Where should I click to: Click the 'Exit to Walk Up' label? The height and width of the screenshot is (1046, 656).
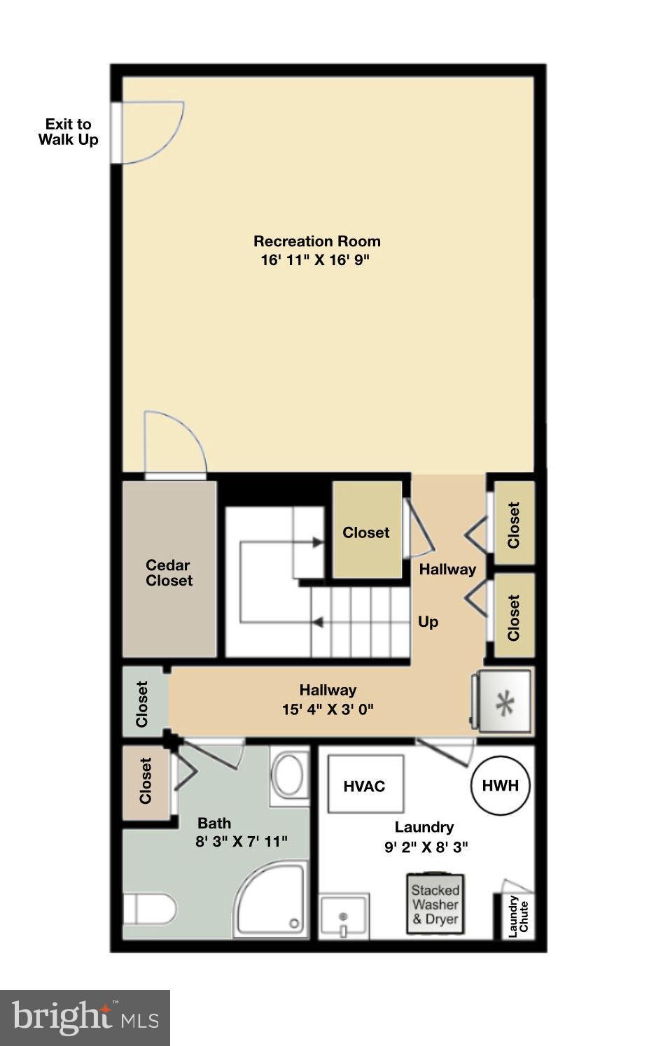click(x=68, y=132)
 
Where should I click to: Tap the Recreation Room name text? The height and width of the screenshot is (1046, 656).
click(x=316, y=241)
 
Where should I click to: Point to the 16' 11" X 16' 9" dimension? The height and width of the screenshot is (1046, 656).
click(x=314, y=260)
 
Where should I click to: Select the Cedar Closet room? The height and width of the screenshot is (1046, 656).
click(x=169, y=572)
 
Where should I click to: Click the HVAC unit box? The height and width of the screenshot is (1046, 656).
click(x=365, y=785)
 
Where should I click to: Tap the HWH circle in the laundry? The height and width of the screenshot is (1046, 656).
click(x=500, y=785)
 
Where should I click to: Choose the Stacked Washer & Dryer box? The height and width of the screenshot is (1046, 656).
click(x=435, y=904)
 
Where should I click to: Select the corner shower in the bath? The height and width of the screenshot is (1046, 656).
click(x=271, y=901)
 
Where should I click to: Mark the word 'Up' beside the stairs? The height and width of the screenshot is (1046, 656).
click(x=428, y=621)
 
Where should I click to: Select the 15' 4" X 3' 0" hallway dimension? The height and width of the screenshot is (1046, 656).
click(x=327, y=709)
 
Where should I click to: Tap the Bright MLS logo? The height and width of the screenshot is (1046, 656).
click(x=85, y=1017)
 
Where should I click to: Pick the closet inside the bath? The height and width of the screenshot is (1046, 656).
click(x=146, y=781)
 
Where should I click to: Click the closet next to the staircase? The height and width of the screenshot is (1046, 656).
click(x=366, y=532)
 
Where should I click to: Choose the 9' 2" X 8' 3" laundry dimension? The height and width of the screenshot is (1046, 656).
click(x=426, y=847)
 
